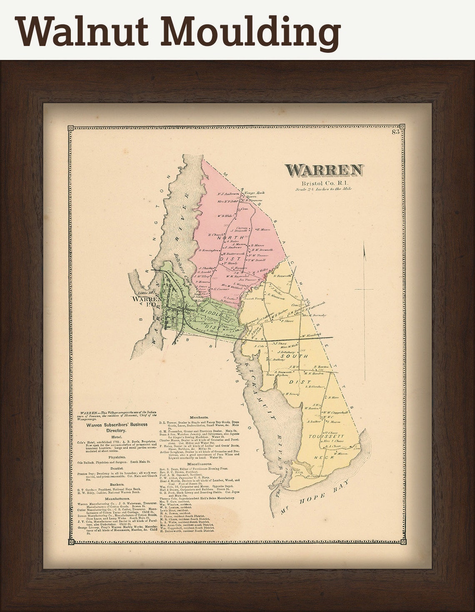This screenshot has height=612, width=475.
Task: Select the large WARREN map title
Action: point(324,170)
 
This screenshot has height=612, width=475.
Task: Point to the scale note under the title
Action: point(324,189)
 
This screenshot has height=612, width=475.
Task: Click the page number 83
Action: point(395,132)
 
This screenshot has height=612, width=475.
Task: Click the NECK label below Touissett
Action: point(322,457)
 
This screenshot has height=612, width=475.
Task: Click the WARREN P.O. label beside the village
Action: point(147,301)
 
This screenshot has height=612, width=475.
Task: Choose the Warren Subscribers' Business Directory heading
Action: point(117,429)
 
